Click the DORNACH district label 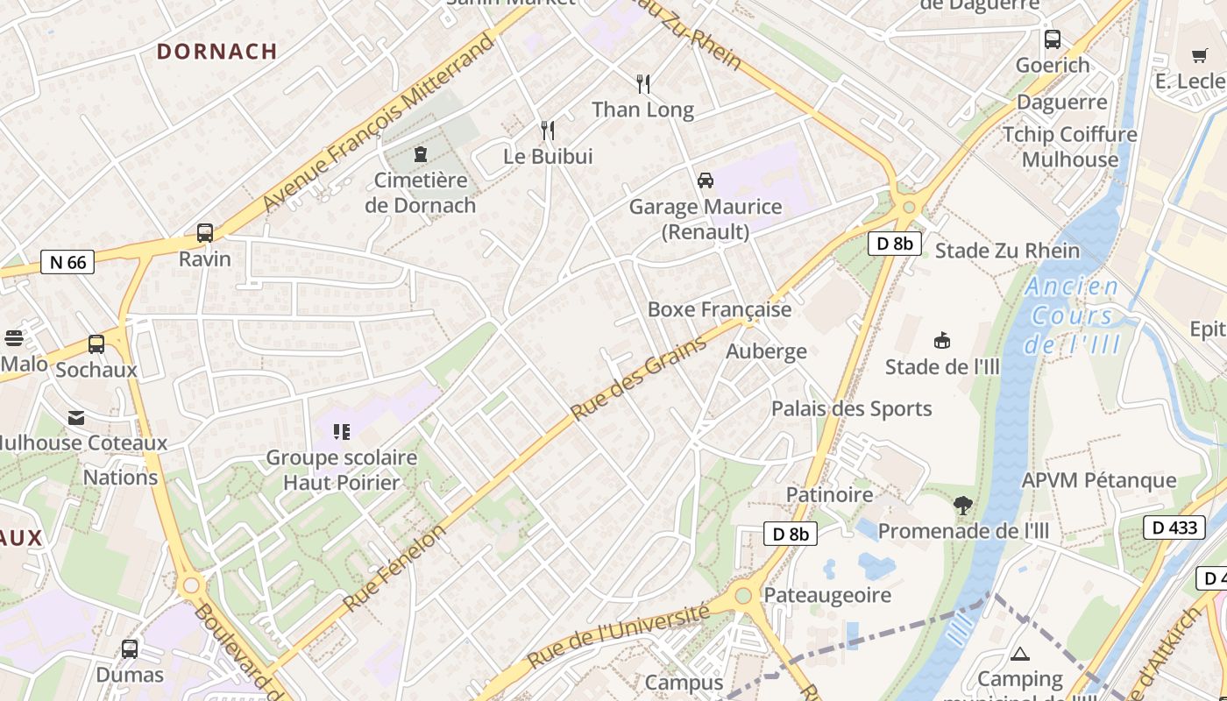[x=216, y=51]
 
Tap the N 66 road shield [x=67, y=262]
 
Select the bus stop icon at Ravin [x=205, y=233]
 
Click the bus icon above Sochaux [x=96, y=344]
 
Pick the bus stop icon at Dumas [x=130, y=649]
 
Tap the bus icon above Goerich [x=1053, y=39]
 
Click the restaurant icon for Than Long [x=643, y=84]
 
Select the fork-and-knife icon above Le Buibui [x=548, y=131]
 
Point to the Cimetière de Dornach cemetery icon [x=421, y=155]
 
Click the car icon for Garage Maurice [x=706, y=181]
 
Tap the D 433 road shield [x=1171, y=528]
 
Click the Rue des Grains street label [x=639, y=379]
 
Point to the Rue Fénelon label [x=394, y=568]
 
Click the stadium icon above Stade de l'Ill [x=943, y=340]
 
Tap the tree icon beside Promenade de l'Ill [x=963, y=506]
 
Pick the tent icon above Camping [x=1020, y=653]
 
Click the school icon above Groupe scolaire [x=342, y=431]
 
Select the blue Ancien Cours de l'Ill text [x=1072, y=315]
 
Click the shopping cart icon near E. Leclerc [x=1200, y=56]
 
